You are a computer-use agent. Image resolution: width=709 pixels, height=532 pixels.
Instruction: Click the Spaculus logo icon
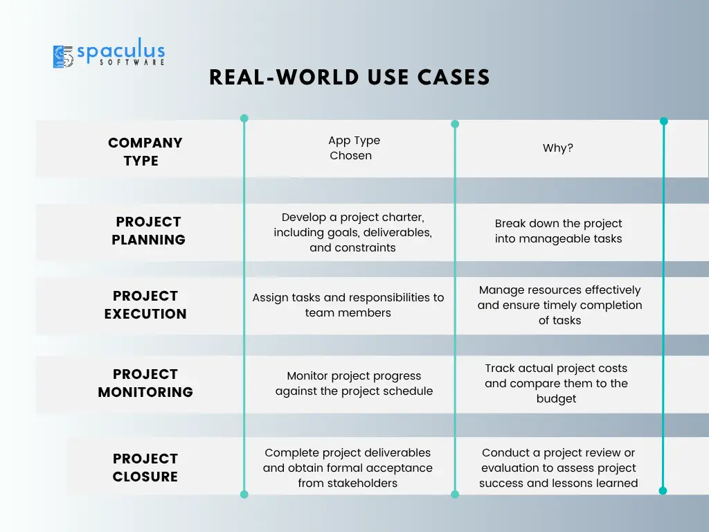point(63,57)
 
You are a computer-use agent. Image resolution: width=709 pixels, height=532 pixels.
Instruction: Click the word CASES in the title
point(454,78)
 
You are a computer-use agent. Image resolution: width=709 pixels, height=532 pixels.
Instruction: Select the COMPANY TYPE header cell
point(145,152)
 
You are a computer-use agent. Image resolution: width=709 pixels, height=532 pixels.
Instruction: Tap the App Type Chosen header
point(354,148)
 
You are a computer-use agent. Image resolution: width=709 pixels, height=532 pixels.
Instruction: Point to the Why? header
point(557,148)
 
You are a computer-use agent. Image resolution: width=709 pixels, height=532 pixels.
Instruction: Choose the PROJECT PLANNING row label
point(148,231)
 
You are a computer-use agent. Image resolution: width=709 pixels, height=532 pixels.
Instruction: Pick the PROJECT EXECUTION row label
point(145,305)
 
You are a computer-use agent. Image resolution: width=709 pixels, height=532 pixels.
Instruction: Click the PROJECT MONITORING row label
point(145,383)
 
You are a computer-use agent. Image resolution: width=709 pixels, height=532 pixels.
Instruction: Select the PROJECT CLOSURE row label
point(145,468)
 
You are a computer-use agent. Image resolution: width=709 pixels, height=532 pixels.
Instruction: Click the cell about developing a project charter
point(352,233)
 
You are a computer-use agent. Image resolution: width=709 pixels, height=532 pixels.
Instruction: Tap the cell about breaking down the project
point(559,231)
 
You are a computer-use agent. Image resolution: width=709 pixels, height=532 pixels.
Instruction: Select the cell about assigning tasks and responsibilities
point(348,305)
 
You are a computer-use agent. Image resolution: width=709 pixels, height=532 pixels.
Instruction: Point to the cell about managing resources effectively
point(559,305)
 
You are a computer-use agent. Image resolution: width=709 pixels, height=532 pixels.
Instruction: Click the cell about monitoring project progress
point(354,383)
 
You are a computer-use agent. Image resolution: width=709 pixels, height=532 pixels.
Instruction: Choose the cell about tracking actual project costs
point(556,383)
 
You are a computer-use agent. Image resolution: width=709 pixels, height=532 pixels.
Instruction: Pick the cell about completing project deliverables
point(348,468)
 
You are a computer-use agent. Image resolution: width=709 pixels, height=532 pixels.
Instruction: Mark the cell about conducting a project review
point(559,468)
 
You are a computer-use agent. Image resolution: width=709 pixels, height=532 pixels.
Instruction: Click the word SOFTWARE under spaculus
point(132,62)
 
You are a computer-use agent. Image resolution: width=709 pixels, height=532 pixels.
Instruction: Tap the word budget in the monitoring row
point(556,398)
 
